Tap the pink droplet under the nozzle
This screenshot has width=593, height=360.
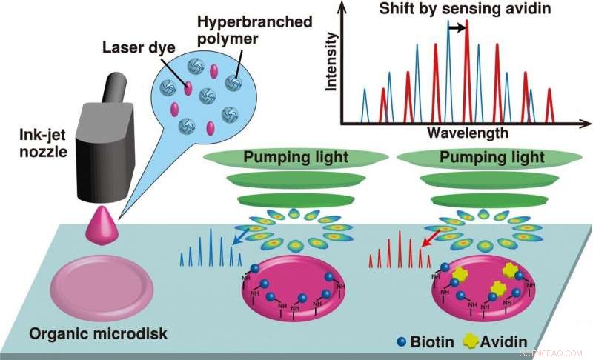103,225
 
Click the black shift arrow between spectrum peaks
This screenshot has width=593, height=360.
458,27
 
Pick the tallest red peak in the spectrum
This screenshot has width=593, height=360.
467,74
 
